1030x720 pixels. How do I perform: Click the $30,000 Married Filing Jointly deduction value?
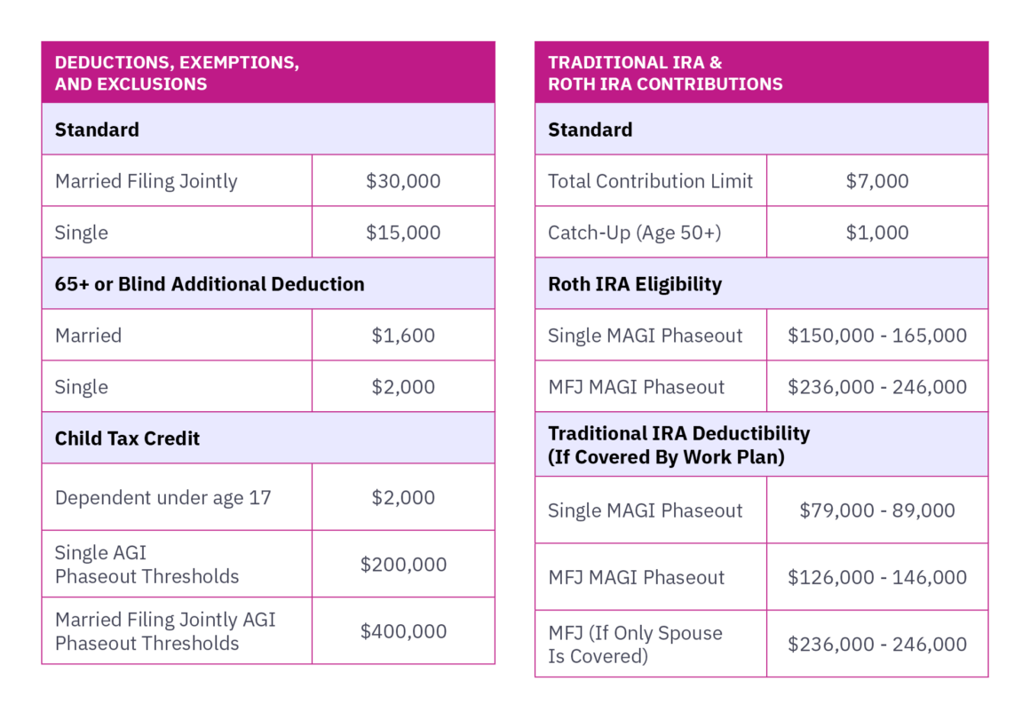click(403, 181)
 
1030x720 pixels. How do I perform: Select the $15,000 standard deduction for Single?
click(403, 233)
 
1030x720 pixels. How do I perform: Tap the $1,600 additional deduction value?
click(403, 336)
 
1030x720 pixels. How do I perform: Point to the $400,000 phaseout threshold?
click(403, 631)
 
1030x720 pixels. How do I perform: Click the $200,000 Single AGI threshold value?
click(403, 565)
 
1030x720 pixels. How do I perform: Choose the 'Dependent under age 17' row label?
click(162, 498)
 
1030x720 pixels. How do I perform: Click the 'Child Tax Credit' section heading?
click(127, 439)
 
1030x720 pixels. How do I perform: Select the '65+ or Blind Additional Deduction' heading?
click(210, 284)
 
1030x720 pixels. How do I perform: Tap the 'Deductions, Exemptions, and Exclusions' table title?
click(177, 74)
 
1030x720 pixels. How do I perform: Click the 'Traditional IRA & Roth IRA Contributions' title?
click(665, 74)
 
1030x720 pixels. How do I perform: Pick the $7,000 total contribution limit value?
click(877, 181)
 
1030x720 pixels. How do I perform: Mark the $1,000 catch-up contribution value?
click(877, 233)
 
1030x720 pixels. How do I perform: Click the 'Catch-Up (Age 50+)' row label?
click(634, 233)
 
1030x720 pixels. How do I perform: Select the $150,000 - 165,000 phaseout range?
click(877, 336)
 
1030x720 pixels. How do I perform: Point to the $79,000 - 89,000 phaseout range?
click(877, 510)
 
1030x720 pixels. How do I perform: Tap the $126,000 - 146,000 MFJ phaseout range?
click(877, 577)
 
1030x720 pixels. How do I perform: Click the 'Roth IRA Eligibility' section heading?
click(634, 284)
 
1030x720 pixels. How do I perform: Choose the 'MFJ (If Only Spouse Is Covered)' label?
click(635, 645)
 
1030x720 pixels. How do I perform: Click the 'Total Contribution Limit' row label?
click(650, 181)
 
